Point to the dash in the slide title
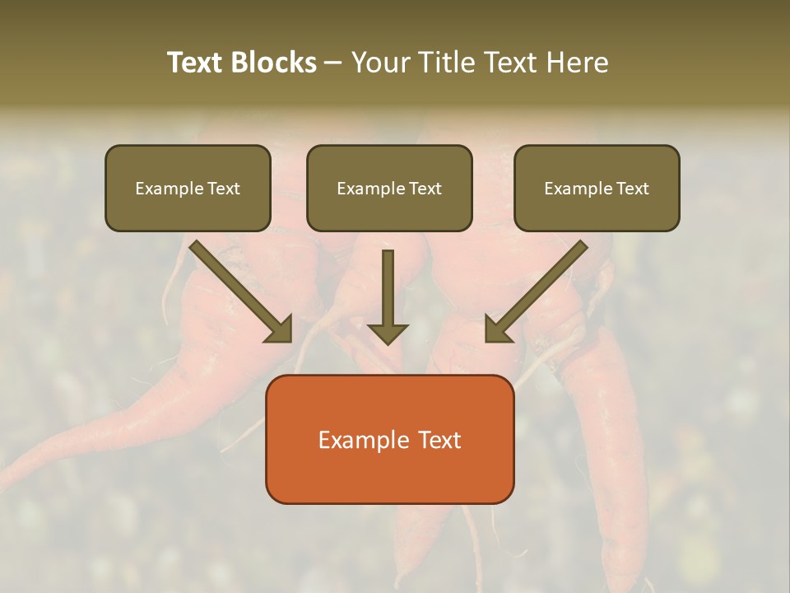(333, 63)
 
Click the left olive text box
(188, 210)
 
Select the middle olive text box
(389, 210)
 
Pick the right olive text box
(597, 210)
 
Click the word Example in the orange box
(363, 440)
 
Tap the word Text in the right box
(632, 189)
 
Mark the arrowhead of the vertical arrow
(388, 333)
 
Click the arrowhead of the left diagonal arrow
(280, 329)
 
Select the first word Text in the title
(197, 63)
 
